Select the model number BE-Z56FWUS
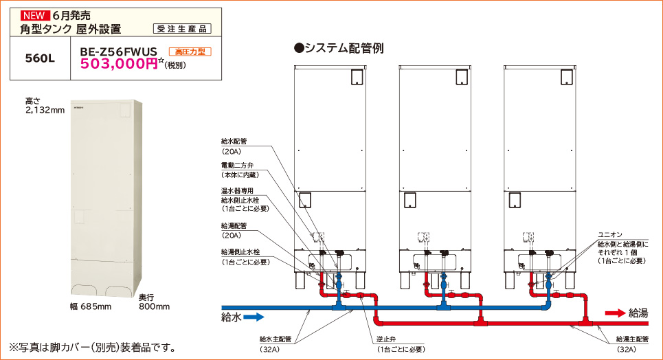(x=119, y=52)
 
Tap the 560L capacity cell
(x=39, y=58)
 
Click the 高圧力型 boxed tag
(x=190, y=52)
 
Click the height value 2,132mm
(x=45, y=110)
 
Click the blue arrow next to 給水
(x=254, y=317)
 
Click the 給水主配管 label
(x=276, y=339)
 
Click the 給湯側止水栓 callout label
(x=240, y=252)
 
